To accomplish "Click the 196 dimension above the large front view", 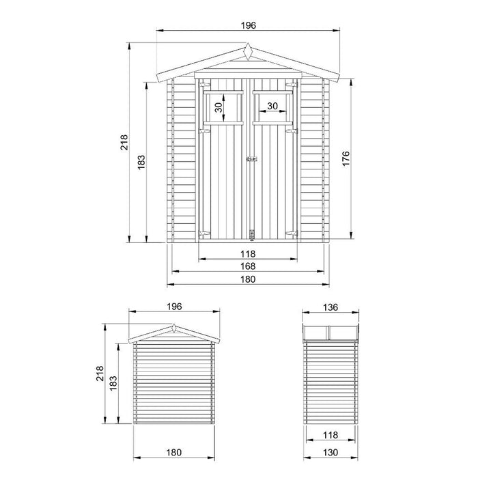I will pyautogui.click(x=248, y=25).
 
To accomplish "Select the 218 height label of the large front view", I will pyautogui.click(x=124, y=142).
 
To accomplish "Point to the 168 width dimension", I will pyautogui.click(x=247, y=266).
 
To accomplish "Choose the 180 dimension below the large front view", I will pyautogui.click(x=247, y=279).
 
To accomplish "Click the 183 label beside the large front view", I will pyautogui.click(x=141, y=162).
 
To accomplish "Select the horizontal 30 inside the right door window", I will pyautogui.click(x=272, y=106).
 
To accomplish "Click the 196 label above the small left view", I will pyautogui.click(x=174, y=307).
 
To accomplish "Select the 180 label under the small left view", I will pyautogui.click(x=174, y=453).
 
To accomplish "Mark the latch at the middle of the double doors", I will pyautogui.click(x=252, y=160).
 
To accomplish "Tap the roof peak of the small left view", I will pyautogui.click(x=174, y=326).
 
